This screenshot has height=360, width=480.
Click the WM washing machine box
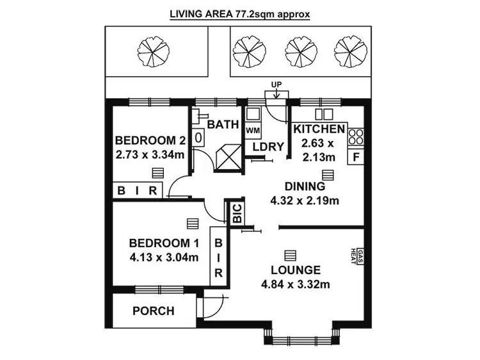(x=253, y=130)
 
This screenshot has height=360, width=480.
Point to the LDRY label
(x=268, y=147)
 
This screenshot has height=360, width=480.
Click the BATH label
(x=223, y=124)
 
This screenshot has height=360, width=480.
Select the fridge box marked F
(x=356, y=156)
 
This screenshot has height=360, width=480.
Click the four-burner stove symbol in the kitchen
(x=356, y=136)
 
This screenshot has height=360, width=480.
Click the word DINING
(x=305, y=186)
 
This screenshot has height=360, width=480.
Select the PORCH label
(x=153, y=311)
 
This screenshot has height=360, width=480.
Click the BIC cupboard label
(x=236, y=213)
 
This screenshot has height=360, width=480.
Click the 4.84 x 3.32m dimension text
(x=295, y=284)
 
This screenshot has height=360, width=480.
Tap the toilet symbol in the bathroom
(x=198, y=136)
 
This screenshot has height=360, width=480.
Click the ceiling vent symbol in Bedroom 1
(x=191, y=222)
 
